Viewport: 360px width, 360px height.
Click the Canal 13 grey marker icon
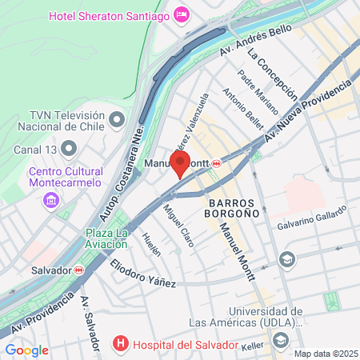(70, 149)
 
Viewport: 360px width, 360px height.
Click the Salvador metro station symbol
(78, 270)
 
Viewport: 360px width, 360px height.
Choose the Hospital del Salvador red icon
(121, 345)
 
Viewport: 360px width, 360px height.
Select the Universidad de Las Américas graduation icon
(281, 340)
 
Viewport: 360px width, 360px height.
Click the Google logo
(26, 350)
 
